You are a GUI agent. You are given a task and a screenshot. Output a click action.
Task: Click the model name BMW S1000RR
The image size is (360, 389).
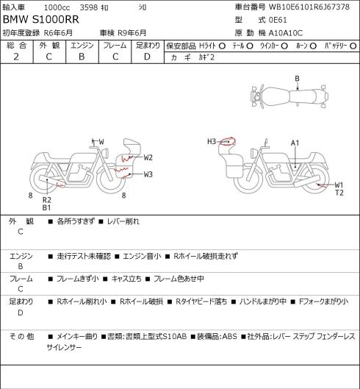(41, 20)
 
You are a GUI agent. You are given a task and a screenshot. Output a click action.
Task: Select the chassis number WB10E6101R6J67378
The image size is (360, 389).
(309, 7)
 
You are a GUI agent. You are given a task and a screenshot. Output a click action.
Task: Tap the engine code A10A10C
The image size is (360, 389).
(286, 33)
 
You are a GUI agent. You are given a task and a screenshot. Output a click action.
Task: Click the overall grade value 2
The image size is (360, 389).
(16, 57)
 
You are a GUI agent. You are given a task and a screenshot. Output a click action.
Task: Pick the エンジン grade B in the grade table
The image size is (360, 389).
(82, 57)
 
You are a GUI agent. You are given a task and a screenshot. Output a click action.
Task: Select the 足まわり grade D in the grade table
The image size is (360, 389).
(147, 57)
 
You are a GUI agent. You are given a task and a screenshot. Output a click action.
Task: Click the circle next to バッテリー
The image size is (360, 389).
(353, 46)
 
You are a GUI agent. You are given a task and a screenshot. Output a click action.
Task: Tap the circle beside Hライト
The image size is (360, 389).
(222, 46)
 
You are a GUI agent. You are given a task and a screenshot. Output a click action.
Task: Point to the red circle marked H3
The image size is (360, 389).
(228, 141)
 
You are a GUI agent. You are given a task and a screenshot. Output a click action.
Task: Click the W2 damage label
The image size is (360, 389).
(148, 157)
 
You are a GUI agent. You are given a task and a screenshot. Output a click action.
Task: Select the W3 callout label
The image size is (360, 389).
(148, 174)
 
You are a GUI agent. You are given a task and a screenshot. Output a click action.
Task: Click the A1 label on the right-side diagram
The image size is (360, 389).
(295, 143)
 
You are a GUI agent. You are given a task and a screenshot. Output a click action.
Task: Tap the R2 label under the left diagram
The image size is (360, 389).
(46, 200)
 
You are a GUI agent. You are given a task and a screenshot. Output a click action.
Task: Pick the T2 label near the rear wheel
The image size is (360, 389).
(339, 193)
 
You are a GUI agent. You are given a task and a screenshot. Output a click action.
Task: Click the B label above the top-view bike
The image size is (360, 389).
(297, 79)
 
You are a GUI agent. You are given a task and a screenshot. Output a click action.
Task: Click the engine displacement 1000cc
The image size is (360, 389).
(57, 7)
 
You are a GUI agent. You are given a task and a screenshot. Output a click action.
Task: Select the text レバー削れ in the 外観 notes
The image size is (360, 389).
(123, 221)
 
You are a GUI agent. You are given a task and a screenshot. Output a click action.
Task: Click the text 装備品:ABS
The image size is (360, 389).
(217, 336)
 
